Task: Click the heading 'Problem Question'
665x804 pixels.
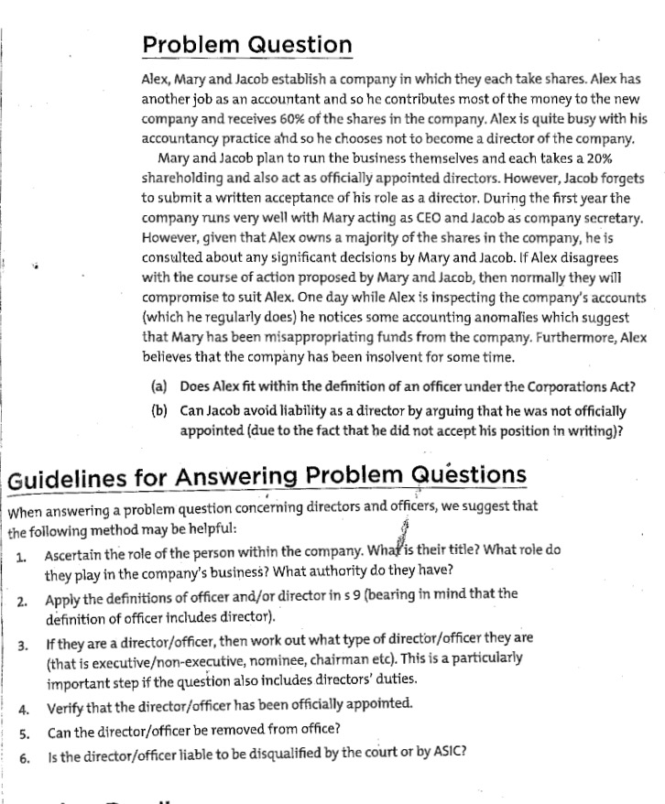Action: (x=247, y=45)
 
